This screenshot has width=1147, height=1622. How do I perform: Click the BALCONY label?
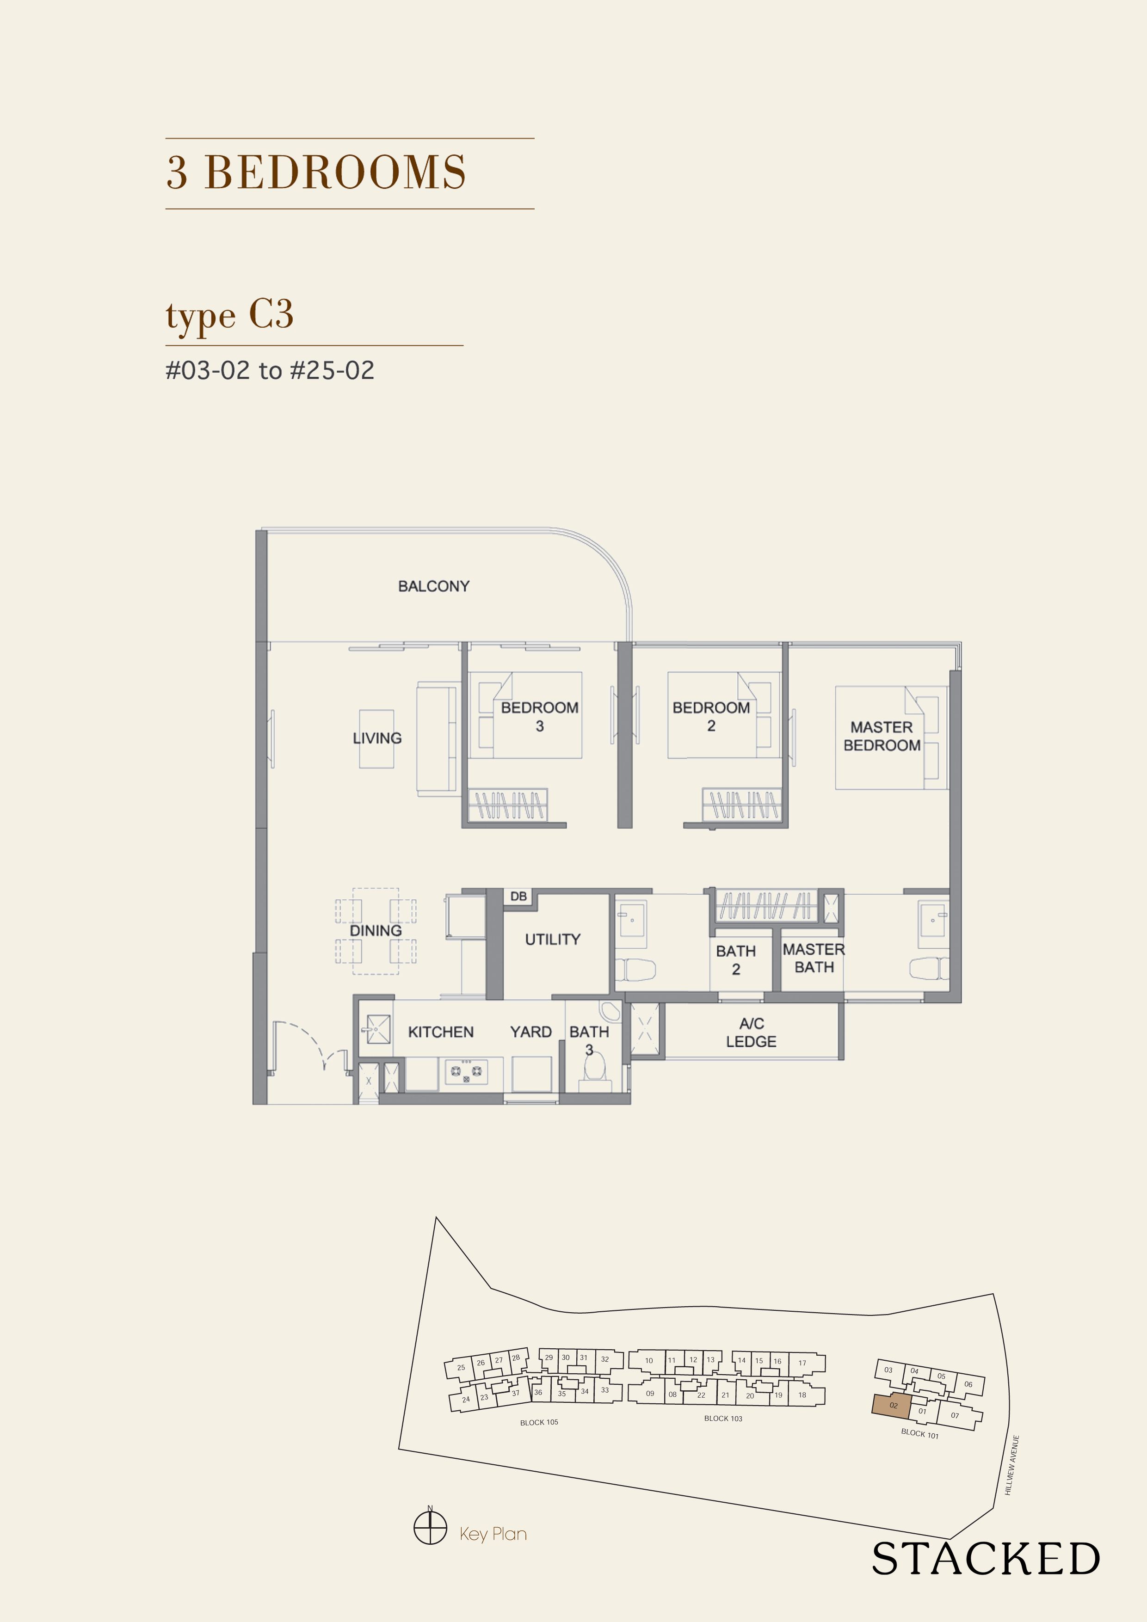(x=433, y=586)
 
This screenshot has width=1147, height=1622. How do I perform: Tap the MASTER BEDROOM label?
(x=881, y=736)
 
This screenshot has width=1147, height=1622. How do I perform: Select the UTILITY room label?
(x=552, y=939)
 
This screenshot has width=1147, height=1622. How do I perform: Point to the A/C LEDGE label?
(x=751, y=1032)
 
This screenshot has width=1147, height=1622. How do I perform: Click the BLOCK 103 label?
(x=722, y=1418)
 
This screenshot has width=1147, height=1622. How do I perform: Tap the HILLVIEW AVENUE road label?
(x=1012, y=1464)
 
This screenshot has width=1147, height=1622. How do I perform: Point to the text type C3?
(x=230, y=315)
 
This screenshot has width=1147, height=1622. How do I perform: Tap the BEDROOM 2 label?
(x=711, y=716)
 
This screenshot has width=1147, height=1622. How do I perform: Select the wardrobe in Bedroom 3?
(x=509, y=805)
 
